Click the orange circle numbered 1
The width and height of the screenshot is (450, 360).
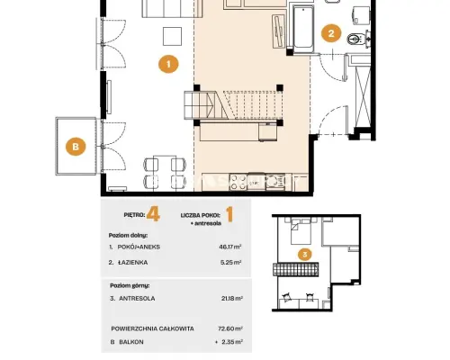click(x=168, y=64)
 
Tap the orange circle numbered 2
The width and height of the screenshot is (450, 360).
click(x=331, y=33)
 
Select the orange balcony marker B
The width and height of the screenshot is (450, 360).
click(x=76, y=147)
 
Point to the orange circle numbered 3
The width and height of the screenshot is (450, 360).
click(x=305, y=255)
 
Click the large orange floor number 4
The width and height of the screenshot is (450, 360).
click(x=153, y=215)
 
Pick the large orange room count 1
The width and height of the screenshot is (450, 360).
click(x=229, y=215)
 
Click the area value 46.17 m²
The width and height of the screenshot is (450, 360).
click(x=230, y=247)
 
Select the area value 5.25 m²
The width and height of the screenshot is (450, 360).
click(x=231, y=262)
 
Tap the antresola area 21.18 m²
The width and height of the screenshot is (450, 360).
click(x=231, y=298)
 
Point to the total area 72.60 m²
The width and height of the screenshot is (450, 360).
click(x=230, y=328)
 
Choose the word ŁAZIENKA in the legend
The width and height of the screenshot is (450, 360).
click(x=133, y=263)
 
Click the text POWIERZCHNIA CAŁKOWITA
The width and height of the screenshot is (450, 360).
click(x=152, y=328)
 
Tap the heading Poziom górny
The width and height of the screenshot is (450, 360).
click(x=130, y=285)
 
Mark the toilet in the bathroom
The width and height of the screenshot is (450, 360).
click(x=357, y=39)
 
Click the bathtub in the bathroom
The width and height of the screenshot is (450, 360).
click(x=303, y=29)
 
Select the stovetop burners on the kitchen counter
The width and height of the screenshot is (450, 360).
click(x=238, y=183)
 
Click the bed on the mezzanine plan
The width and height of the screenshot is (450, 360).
click(x=301, y=231)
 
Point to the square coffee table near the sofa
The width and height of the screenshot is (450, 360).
click(x=172, y=36)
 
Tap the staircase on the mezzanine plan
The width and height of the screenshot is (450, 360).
click(x=295, y=269)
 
